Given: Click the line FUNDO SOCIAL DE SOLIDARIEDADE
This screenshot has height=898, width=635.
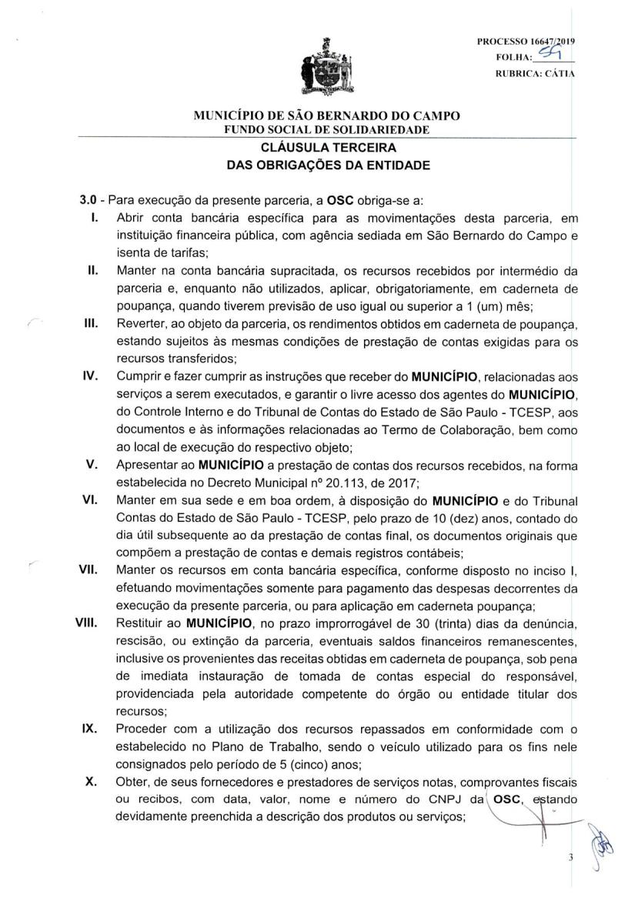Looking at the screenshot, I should click(x=316, y=129).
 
